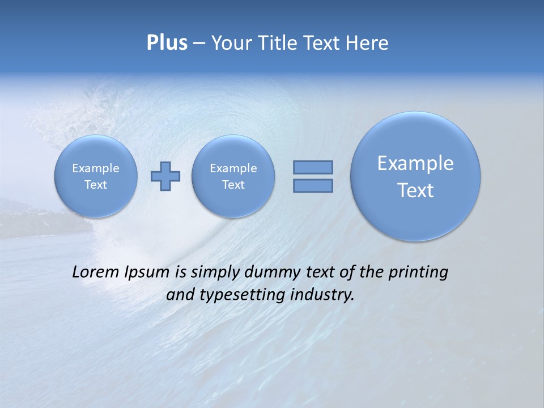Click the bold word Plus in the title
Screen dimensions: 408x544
[x=167, y=43]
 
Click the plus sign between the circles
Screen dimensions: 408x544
[x=165, y=176]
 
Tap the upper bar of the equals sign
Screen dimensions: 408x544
[x=313, y=167]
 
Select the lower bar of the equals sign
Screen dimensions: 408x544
[x=313, y=186]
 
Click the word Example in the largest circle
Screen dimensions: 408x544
[x=415, y=163]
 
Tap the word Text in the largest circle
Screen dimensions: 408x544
[x=415, y=190]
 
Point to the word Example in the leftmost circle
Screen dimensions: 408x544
[x=96, y=168]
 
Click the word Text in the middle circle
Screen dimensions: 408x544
[x=233, y=185]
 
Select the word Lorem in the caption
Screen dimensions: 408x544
[x=93, y=272]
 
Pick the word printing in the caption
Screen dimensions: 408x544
[x=419, y=273]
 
